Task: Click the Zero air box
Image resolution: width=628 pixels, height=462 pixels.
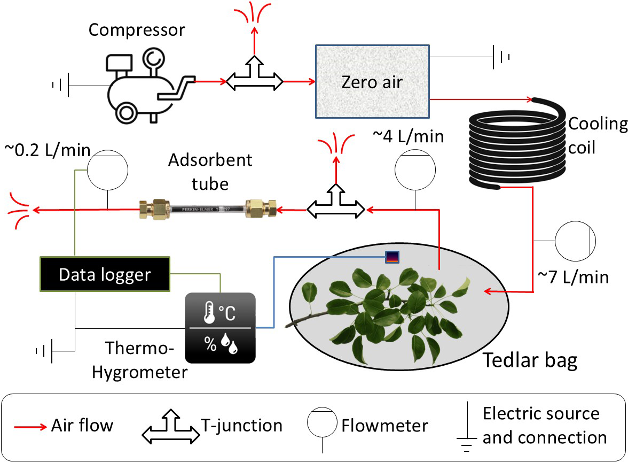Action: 372,81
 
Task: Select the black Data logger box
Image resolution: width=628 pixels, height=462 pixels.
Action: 105,275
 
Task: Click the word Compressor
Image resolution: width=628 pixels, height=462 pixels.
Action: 137,29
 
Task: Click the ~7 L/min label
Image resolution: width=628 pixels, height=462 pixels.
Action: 573,277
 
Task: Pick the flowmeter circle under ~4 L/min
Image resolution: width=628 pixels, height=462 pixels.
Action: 415,169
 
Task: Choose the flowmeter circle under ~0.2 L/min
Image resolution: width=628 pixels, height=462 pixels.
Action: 108,170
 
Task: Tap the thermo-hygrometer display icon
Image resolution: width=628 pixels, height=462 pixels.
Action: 220,328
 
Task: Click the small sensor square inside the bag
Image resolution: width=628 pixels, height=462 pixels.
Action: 392,257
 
